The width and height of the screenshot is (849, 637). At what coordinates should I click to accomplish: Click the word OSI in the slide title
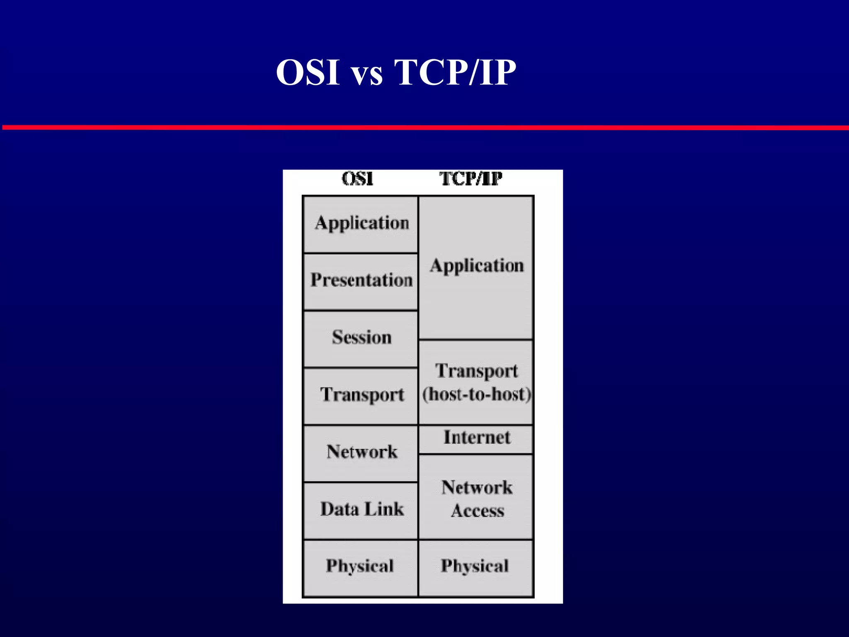pyautogui.click(x=308, y=73)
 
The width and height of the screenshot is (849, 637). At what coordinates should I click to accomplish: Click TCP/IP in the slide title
pyautogui.click(x=455, y=73)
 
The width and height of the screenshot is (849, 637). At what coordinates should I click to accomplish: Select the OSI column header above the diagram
pyautogui.click(x=357, y=179)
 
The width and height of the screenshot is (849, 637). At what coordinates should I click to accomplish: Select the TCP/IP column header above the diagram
pyautogui.click(x=471, y=179)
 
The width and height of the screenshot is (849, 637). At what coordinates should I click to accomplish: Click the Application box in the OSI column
pyautogui.click(x=361, y=224)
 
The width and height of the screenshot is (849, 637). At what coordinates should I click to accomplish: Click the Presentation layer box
pyautogui.click(x=361, y=281)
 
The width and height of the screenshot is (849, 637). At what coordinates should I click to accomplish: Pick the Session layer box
pyautogui.click(x=361, y=338)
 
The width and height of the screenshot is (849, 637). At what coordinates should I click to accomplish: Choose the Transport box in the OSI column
pyautogui.click(x=361, y=395)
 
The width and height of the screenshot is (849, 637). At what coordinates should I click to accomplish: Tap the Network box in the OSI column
pyautogui.click(x=361, y=452)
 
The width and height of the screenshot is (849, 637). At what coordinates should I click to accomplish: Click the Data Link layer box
pyautogui.click(x=361, y=509)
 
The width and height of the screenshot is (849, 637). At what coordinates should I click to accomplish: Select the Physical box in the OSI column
pyautogui.click(x=360, y=566)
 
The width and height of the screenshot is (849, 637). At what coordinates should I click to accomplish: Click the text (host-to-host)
pyautogui.click(x=477, y=394)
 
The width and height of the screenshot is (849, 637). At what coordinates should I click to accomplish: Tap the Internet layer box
pyautogui.click(x=477, y=438)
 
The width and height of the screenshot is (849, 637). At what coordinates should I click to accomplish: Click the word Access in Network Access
pyautogui.click(x=478, y=511)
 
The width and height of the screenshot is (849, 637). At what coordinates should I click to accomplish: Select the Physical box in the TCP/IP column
pyautogui.click(x=475, y=566)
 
